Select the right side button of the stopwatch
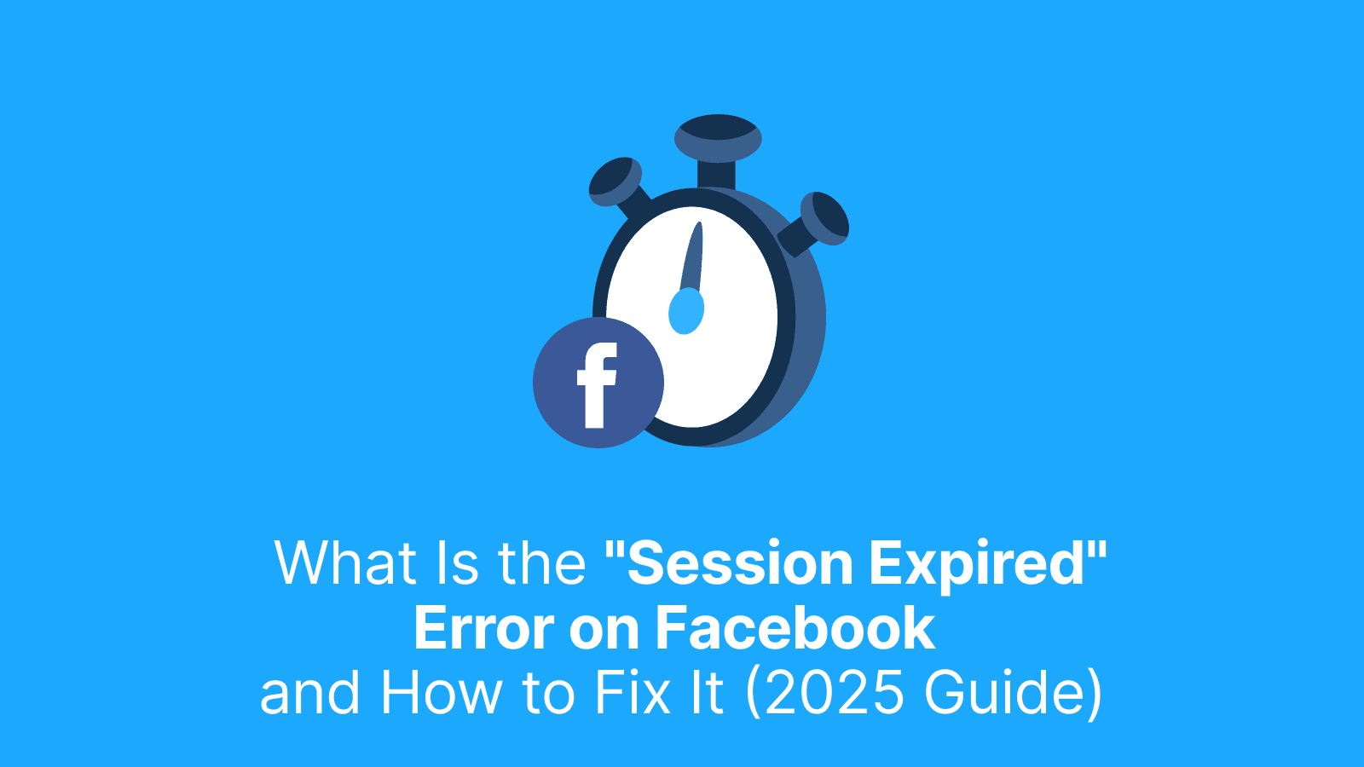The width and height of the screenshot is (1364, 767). pyautogui.click(x=824, y=218)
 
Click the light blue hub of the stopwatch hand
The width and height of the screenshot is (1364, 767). pyautogui.click(x=686, y=311)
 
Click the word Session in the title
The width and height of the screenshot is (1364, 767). pyautogui.click(x=739, y=563)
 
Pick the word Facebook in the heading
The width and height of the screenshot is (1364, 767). pyautogui.click(x=795, y=629)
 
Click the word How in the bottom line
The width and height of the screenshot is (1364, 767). pyautogui.click(x=442, y=692)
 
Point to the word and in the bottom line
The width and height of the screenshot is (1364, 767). pyautogui.click(x=310, y=692)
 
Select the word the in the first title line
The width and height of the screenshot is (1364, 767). pyautogui.click(x=541, y=563)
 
